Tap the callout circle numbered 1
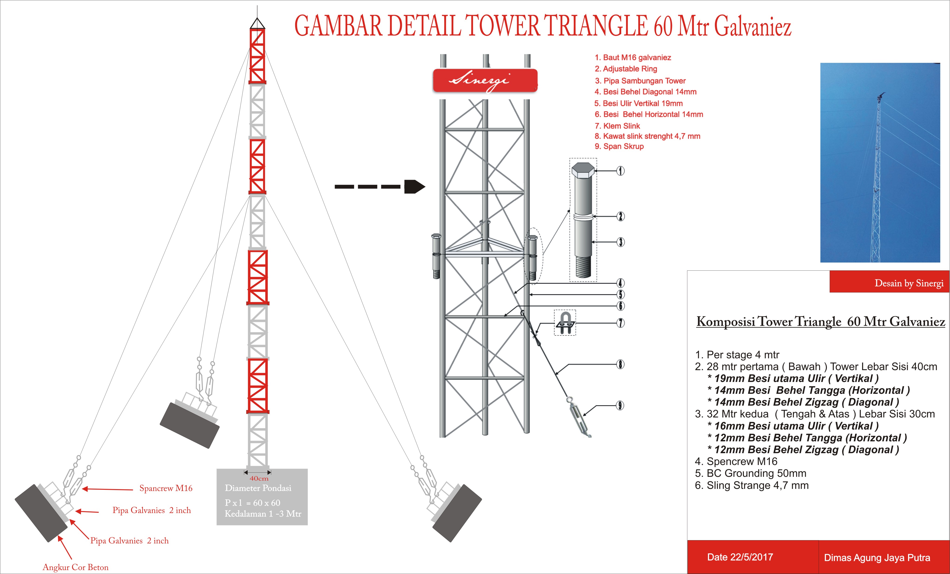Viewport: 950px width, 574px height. pos(620,171)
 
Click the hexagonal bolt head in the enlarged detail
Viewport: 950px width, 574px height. pos(582,170)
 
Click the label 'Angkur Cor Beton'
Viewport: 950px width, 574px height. pos(76,567)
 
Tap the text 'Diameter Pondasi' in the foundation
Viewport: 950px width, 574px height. pos(258,488)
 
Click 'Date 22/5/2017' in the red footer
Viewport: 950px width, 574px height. pos(740,557)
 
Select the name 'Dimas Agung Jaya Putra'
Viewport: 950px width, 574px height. pos(877,558)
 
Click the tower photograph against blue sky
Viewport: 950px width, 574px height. pos(880,163)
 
